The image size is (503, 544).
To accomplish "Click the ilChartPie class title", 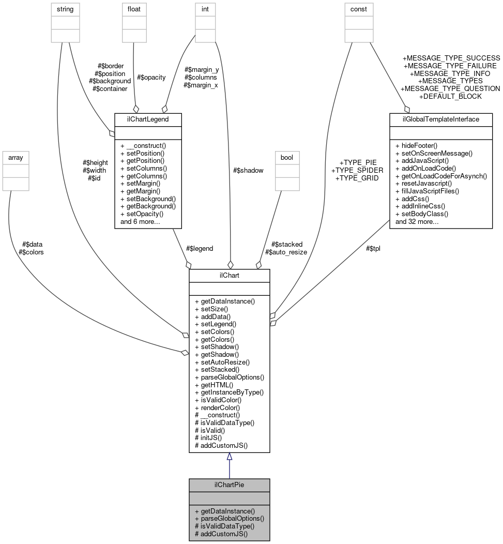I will pyautogui.click(x=229, y=485).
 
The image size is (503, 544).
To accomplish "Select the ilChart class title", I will pyautogui.click(x=229, y=276).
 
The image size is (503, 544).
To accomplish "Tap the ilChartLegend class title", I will pyautogui.click(x=148, y=119).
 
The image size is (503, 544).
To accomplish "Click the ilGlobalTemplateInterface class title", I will pyautogui.click(x=440, y=119).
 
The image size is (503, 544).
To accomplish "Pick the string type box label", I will pyautogui.click(x=65, y=9).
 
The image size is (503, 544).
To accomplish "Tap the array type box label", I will pyautogui.click(x=16, y=157).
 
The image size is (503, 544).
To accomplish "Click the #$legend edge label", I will pyautogui.click(x=199, y=248).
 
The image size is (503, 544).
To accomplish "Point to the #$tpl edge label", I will pyautogui.click(x=373, y=248).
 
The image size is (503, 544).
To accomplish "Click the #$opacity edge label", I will pyautogui.click(x=151, y=77).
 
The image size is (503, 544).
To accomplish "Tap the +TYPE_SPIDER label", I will pyautogui.click(x=357, y=170).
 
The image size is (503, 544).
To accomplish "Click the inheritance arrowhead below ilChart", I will pyautogui.click(x=229, y=457).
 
